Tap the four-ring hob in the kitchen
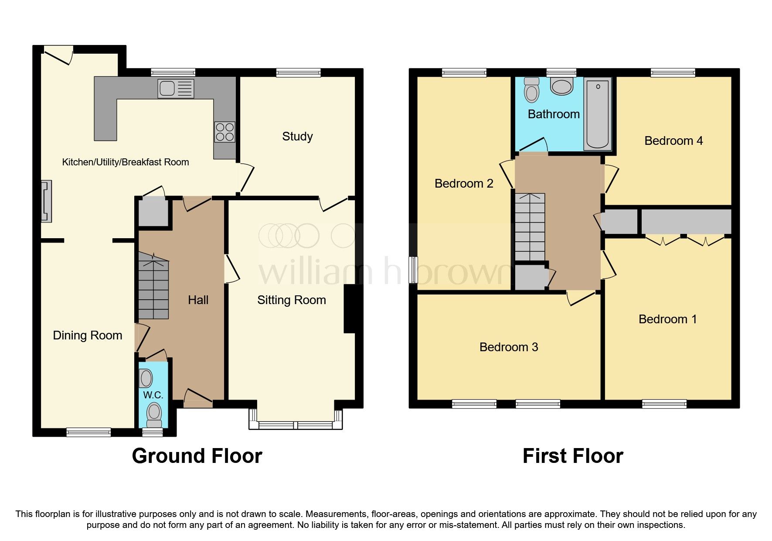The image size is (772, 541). point(224,132)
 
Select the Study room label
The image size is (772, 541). point(297,137)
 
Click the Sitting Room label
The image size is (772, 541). point(291,300)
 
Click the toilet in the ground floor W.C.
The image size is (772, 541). point(154,414)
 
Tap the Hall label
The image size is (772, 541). point(198,300)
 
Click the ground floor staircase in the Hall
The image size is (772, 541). point(153,286)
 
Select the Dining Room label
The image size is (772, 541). point(87,336)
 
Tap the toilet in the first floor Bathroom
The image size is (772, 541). point(531,90)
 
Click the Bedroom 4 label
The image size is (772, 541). point(673,141)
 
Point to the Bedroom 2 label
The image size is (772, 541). point(463,184)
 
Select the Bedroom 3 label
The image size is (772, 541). point(508,347)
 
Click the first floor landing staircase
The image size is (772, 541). point(530,227)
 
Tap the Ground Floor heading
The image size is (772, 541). point(197,456)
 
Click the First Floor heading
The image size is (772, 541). point(572,456)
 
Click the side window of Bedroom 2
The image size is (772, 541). point(413,270)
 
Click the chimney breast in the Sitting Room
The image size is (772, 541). point(350,309)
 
